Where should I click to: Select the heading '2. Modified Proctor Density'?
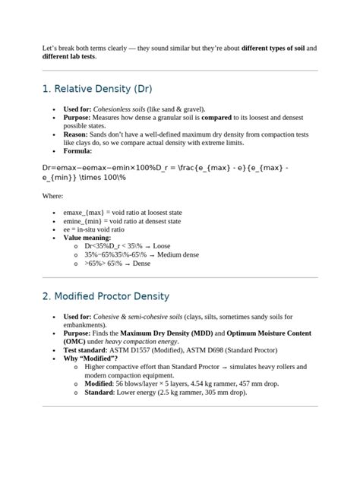tap(106, 295)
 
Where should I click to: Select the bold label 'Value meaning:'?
tap(87, 238)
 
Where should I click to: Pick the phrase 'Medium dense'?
tap(175, 254)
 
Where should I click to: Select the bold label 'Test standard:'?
tap(88, 349)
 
